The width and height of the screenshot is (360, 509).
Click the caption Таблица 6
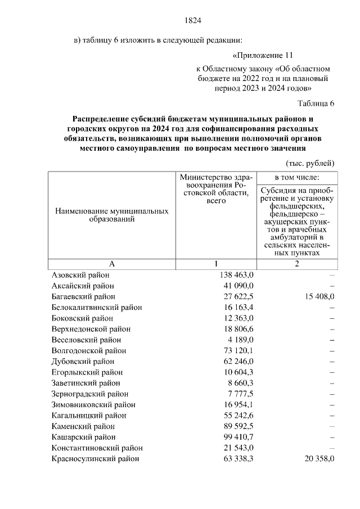click(316, 103)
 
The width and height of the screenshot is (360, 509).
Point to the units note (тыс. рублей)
click(310, 163)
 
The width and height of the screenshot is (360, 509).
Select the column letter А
click(112, 264)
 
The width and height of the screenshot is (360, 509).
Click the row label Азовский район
click(80, 275)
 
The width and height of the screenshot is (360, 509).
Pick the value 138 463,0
click(236, 275)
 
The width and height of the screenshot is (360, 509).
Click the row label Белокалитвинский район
click(97, 308)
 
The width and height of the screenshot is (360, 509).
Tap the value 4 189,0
click(241, 340)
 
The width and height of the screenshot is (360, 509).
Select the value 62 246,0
click(238, 361)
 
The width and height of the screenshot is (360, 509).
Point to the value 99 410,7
click(238, 437)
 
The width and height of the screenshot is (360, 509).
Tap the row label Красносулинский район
click(95, 458)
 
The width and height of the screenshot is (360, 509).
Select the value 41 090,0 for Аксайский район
click(238, 286)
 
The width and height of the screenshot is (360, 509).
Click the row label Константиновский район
click(97, 448)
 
